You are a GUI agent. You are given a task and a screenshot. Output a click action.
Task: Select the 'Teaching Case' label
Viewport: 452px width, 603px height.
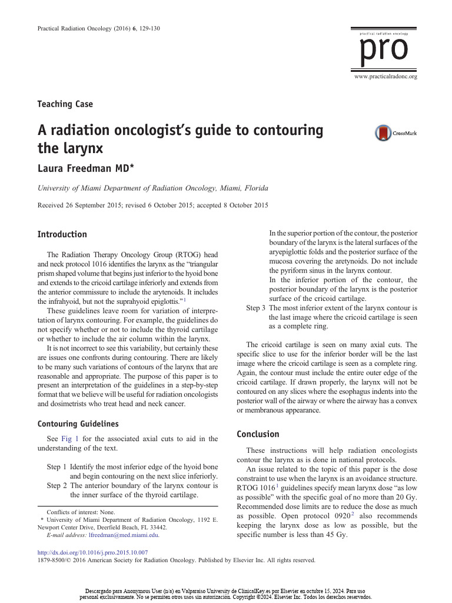65,104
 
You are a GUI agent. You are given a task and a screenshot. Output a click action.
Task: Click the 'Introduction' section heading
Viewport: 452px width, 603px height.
62,234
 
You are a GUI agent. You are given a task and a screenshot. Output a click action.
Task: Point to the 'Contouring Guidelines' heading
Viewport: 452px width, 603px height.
78,423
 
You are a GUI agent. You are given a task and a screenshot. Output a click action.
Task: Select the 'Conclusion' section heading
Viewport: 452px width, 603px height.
258,434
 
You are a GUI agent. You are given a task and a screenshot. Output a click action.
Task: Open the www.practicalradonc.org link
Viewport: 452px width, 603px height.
385,77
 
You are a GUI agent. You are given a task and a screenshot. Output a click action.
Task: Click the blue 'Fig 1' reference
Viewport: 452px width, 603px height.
71,439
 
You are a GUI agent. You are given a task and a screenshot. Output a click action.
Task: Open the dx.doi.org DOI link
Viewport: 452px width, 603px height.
92,552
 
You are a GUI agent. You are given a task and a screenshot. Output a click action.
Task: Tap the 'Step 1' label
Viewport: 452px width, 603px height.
56,466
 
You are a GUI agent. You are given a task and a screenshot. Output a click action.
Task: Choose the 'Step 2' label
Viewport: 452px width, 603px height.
56,486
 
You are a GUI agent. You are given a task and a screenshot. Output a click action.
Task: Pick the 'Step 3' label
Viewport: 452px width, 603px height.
255,308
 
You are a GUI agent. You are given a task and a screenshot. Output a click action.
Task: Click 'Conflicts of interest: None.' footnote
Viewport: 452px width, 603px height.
81,512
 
